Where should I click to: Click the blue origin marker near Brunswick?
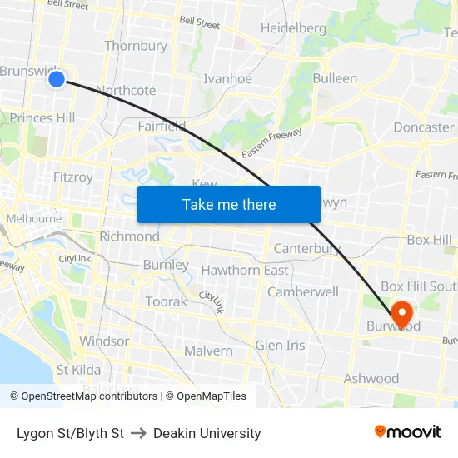point(56,79)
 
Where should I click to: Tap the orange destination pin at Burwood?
point(401,314)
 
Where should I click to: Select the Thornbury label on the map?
point(136,46)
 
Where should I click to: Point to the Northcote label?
point(126,90)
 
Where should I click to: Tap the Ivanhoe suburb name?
point(227,79)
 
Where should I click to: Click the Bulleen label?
point(335,78)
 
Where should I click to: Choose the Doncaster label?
point(423,127)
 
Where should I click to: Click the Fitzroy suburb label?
point(73,177)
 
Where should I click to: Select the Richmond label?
point(129,236)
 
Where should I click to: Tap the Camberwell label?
point(302,291)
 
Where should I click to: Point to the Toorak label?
point(167,301)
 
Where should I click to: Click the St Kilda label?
point(78,369)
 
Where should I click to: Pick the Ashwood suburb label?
point(371,378)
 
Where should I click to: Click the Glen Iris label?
point(280,345)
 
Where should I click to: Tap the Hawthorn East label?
point(245,270)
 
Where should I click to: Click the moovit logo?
point(407,432)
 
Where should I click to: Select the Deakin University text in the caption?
point(207,433)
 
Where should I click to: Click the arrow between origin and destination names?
point(138,433)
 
